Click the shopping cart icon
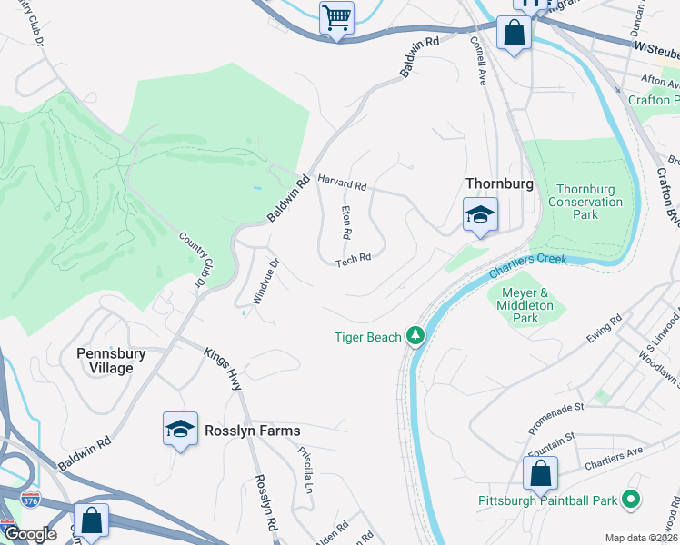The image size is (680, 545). tap(336, 17)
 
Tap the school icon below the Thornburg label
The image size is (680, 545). tap(480, 215)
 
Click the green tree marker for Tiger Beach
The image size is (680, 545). tap(415, 337)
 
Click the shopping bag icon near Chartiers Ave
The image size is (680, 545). tap(540, 473)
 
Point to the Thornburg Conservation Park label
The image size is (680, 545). tap(585, 202)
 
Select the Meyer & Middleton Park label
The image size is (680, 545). tap(526, 306)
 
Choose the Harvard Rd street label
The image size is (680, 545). tap(342, 182)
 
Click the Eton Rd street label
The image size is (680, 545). tap(346, 222)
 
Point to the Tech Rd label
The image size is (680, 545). tap(353, 260)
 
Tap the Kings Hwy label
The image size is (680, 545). tap(223, 369)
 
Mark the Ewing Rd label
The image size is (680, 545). tap(603, 328)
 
